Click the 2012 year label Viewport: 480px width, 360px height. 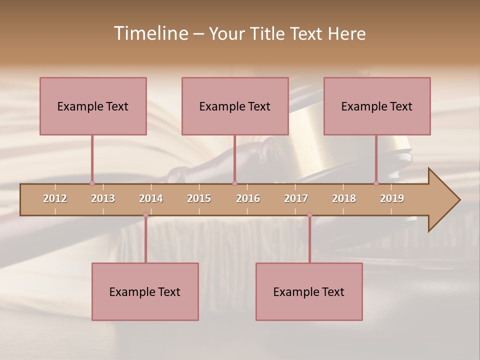click(55, 198)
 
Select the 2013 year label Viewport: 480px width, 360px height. click(103, 198)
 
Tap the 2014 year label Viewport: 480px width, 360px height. click(151, 198)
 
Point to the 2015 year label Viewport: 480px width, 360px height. click(199, 198)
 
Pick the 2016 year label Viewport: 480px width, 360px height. click(248, 198)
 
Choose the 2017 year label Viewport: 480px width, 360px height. click(296, 198)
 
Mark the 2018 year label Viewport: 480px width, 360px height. click(344, 198)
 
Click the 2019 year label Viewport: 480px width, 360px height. click(392, 198)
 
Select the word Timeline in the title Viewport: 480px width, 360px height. click(150, 33)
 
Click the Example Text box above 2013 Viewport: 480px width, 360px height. click(93, 106)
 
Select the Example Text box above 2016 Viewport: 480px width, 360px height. click(235, 106)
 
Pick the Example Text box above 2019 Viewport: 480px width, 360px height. click(377, 106)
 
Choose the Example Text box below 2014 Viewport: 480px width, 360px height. click(145, 291)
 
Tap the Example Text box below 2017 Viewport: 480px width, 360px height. click(309, 291)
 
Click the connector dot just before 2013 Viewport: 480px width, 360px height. click(92, 183)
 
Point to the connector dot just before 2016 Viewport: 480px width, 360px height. click(234, 183)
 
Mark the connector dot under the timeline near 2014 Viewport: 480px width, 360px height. click(145, 215)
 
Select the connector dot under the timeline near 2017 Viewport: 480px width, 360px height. click(309, 215)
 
